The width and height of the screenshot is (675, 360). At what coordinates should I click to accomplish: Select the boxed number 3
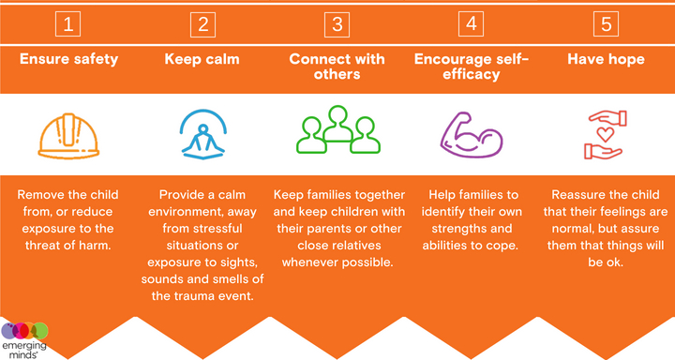tap(337, 22)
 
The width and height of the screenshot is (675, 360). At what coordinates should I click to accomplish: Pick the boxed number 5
tap(606, 22)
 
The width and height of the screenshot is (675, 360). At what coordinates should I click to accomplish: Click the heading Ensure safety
tap(69, 59)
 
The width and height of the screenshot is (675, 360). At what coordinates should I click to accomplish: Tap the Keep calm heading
tap(202, 59)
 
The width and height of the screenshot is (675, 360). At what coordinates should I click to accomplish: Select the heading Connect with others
tap(337, 67)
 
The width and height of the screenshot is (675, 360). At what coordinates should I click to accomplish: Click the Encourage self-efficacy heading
tap(472, 67)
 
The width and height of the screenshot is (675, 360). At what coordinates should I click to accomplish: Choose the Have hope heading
tap(606, 59)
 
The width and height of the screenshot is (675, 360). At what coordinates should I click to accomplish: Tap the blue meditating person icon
tap(202, 132)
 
